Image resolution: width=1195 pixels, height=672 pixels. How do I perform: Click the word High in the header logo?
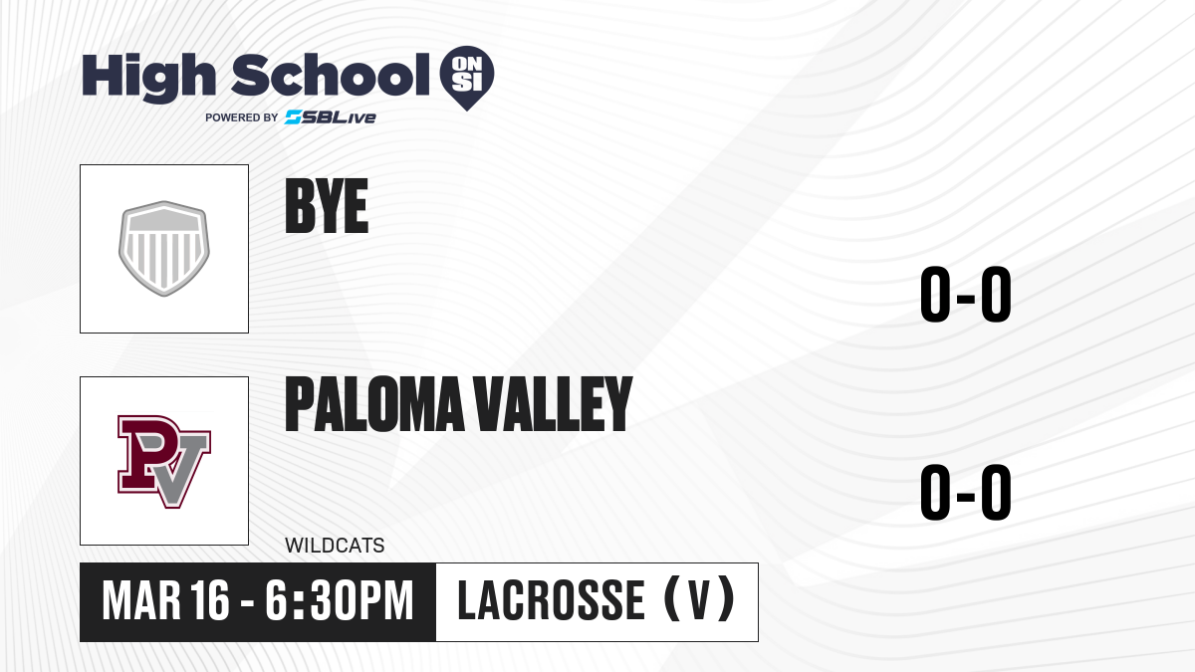(148, 78)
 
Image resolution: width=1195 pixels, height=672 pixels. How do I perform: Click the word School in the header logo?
(331, 75)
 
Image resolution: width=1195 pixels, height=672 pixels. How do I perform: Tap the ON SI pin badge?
(467, 78)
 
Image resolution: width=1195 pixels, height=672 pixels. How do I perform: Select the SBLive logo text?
(331, 117)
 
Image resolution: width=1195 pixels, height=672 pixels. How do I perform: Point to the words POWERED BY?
(242, 117)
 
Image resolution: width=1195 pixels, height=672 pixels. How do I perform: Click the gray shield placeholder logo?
(164, 249)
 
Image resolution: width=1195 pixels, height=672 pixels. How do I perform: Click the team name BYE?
(327, 206)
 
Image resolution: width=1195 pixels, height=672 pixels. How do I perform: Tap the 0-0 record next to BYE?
(966, 294)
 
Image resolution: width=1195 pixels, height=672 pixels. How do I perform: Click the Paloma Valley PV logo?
(164, 461)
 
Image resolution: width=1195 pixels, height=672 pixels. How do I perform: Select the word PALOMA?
(374, 404)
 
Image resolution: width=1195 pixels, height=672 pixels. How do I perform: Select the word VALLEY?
(554, 404)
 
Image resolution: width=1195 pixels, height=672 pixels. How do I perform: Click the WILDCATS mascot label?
(335, 546)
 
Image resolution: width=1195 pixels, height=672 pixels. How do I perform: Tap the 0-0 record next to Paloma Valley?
(966, 492)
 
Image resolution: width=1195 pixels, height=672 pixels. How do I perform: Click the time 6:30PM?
(340, 601)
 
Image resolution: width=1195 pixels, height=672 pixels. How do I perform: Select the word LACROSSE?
(552, 601)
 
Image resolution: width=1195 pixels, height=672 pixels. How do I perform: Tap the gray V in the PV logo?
(177, 469)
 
